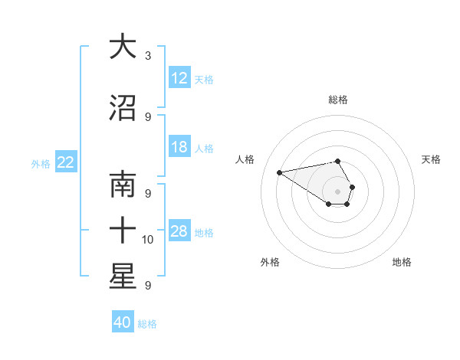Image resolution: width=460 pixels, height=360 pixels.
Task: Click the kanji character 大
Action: point(122,47)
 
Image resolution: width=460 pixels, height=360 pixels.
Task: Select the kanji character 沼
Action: point(122,109)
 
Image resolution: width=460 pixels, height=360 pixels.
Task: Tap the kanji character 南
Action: point(122,185)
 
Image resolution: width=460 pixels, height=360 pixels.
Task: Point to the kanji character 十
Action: point(122,231)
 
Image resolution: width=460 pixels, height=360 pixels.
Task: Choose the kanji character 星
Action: point(122,277)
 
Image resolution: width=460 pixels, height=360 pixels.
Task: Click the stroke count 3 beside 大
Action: point(147,56)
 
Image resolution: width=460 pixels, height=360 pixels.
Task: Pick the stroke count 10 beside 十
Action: point(149,240)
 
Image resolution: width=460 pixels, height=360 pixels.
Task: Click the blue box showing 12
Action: point(179,78)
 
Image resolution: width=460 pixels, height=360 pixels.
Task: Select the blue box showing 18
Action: point(179,147)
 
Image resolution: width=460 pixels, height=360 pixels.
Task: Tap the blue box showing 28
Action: point(179,231)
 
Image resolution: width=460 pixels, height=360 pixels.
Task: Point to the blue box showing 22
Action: point(66,162)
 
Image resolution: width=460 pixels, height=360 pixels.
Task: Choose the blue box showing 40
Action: point(123,322)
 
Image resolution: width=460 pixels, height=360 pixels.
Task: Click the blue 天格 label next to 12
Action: point(204,80)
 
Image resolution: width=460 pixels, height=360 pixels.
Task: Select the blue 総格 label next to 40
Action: point(147,324)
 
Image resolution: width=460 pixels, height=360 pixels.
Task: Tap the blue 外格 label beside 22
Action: point(41,164)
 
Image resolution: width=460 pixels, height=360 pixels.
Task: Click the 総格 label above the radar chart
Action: point(338,100)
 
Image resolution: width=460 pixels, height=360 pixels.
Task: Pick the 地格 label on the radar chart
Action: point(402,262)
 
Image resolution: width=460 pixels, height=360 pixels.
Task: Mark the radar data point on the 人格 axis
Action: point(279,172)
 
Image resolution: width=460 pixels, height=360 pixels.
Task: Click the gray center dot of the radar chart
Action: point(338,191)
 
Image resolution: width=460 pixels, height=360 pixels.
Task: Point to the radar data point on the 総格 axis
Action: point(338,161)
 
